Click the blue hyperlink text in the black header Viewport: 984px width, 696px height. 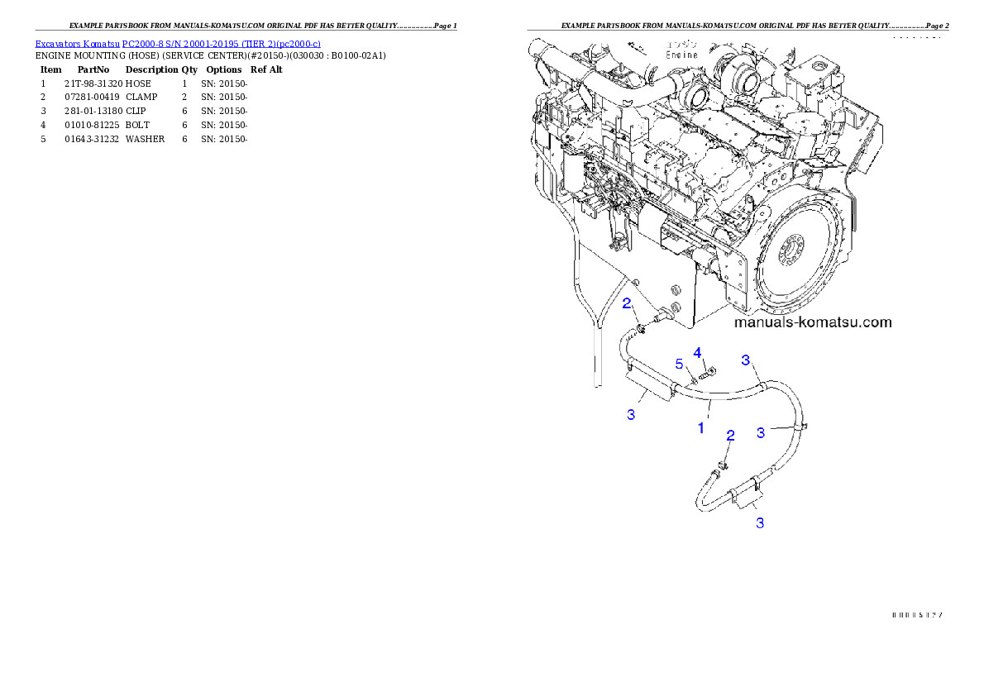178,43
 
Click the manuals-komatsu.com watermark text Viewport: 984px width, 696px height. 813,322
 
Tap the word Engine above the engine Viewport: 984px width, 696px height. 682,55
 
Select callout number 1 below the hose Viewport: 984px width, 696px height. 701,428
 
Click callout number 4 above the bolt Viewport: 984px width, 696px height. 698,353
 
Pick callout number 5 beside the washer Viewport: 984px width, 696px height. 679,364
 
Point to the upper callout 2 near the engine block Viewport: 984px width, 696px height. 628,303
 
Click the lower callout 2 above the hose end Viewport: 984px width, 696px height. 730,435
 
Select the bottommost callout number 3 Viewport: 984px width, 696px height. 759,522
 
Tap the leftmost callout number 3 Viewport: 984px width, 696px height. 631,414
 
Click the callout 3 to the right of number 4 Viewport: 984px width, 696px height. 745,360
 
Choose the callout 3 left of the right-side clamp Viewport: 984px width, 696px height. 762,431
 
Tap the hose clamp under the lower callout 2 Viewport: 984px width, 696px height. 721,467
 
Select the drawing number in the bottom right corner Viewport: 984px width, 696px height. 917,615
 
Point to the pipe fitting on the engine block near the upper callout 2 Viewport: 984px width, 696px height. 662,314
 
